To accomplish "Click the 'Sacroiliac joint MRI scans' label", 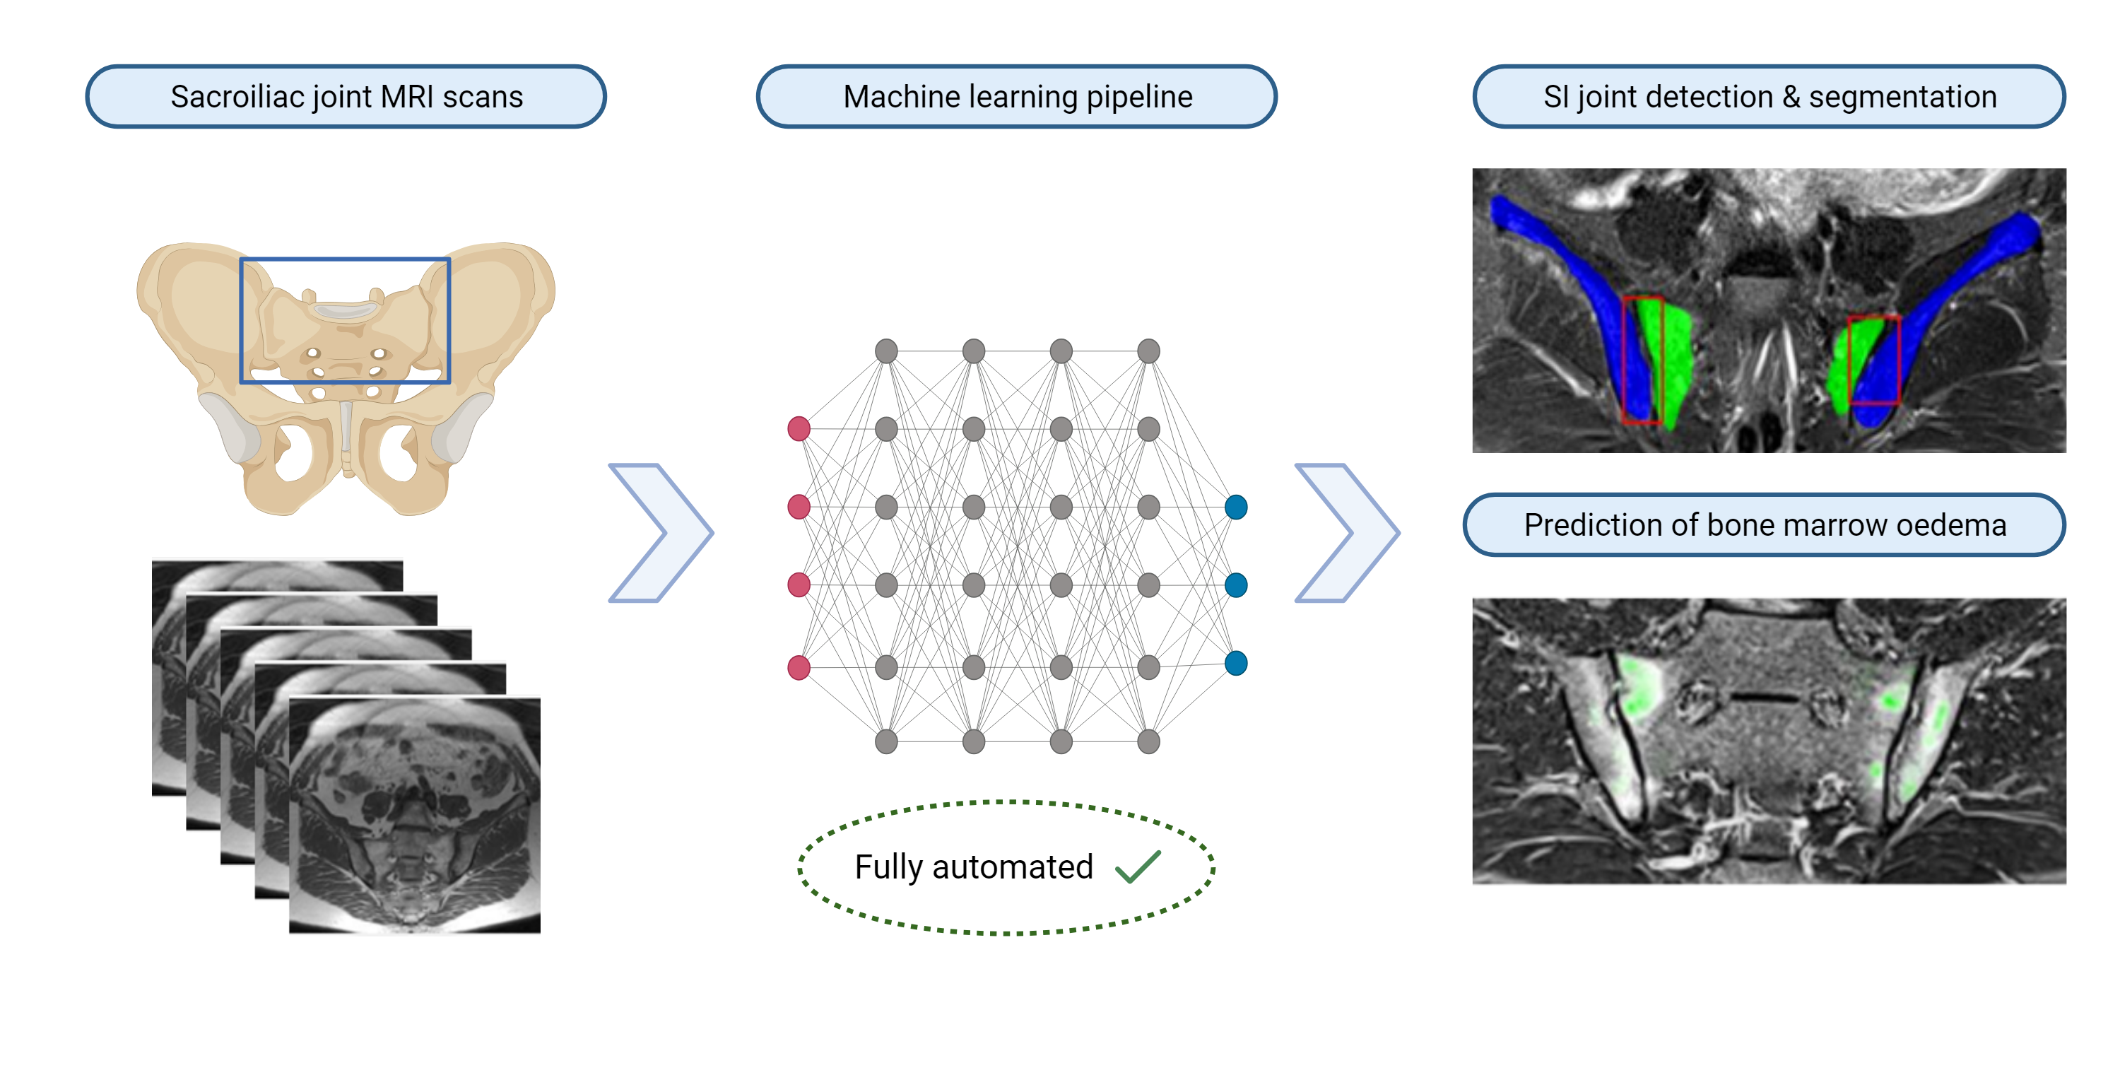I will pos(346,97).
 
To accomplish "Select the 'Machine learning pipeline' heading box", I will pos(1017,97).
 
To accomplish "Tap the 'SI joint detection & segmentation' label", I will pos(1769,97).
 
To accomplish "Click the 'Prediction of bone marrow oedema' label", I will pos(1765,525).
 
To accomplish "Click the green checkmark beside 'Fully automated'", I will pos(1138,867).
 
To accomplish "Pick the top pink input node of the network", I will pos(799,429).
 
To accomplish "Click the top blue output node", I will pos(1236,507).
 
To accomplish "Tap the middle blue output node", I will pos(1236,585).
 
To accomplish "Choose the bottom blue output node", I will pos(1236,664).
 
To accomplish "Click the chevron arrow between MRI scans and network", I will pos(661,533).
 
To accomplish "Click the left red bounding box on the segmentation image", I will pos(1625,360).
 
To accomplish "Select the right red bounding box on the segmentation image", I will pos(1900,360).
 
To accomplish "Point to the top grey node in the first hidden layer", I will pos(886,351).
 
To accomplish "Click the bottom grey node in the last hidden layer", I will pos(1148,741).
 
